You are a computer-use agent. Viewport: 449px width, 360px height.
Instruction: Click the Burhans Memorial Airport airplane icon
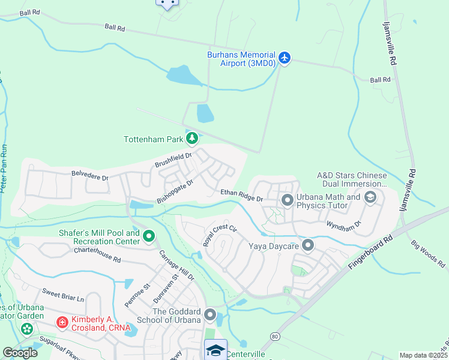point(284,58)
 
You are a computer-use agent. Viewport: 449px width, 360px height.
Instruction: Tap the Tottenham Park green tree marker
point(192,140)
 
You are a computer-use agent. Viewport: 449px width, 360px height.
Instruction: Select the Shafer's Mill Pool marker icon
point(149,238)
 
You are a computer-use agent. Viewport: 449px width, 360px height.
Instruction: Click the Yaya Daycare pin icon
point(308,245)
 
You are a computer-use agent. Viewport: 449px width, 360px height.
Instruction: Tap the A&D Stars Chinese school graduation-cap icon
point(370,197)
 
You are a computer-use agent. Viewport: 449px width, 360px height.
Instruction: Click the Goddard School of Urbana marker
point(210,314)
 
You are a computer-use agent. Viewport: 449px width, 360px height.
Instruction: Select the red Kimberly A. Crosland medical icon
point(62,323)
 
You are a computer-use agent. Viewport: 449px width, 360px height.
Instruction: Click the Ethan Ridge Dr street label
point(241,195)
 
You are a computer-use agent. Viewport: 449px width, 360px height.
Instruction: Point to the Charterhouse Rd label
point(97,255)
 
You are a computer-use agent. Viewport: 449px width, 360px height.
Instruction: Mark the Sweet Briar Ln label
point(63,295)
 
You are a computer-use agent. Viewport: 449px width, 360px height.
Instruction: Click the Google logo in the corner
point(20,353)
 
